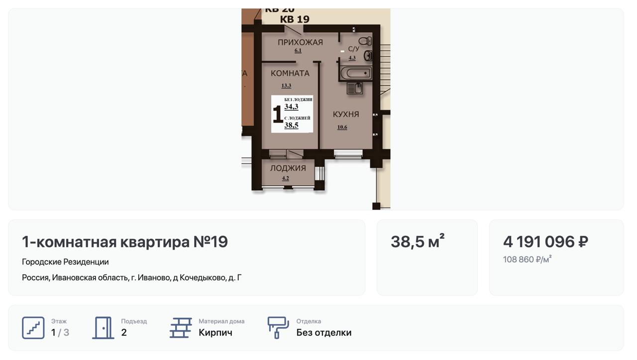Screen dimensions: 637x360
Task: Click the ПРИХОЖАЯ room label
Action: tap(300, 42)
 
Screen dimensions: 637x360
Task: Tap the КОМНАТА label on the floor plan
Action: tap(290, 73)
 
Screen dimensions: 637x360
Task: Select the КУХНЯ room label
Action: tap(346, 115)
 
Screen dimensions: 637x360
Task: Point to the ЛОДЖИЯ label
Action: tap(288, 168)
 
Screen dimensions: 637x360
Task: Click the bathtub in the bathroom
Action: tap(356, 73)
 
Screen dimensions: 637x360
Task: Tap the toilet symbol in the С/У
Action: tap(365, 41)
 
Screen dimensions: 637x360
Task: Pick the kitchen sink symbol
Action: tap(355, 88)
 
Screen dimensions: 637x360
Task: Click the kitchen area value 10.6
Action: tap(342, 127)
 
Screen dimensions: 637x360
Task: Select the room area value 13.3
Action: tap(286, 85)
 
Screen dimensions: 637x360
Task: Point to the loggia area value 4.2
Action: tap(286, 178)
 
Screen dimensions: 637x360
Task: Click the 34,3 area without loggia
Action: tap(291, 107)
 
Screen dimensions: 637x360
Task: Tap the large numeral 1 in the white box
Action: tap(277, 114)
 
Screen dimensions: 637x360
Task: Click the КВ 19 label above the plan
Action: tap(295, 19)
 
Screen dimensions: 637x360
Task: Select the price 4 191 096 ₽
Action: tap(545, 242)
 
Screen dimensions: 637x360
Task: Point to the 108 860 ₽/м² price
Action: tap(527, 259)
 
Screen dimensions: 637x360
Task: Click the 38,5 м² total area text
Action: tap(418, 241)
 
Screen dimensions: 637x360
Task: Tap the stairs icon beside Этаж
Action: tap(33, 328)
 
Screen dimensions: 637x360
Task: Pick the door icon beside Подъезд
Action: tap(103, 328)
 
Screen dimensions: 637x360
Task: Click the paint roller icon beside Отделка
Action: tap(278, 328)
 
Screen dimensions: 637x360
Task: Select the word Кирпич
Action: tap(215, 333)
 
